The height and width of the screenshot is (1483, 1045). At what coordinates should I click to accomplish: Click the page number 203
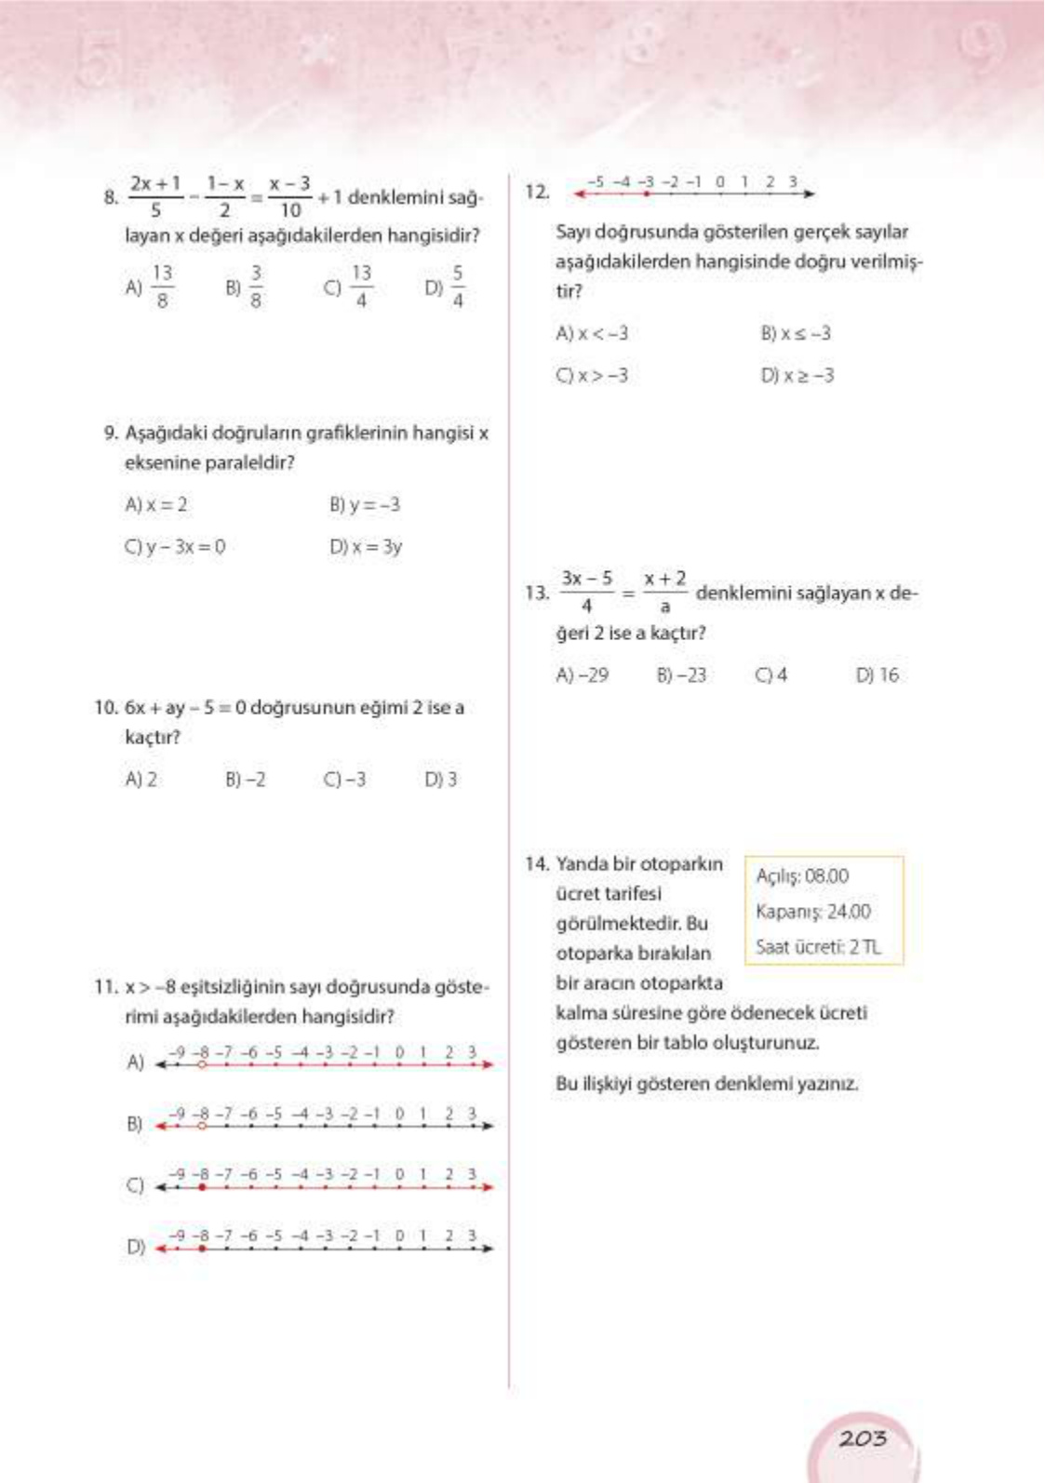click(x=863, y=1438)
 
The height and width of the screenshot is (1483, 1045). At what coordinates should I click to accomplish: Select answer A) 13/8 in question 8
click(x=151, y=287)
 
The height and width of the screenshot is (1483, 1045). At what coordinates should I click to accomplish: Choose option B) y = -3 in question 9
click(x=365, y=505)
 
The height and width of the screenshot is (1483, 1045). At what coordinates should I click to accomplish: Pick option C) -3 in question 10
click(x=344, y=780)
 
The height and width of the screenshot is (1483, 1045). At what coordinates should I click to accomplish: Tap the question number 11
click(x=106, y=987)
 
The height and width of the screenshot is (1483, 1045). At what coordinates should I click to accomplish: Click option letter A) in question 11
click(x=135, y=1062)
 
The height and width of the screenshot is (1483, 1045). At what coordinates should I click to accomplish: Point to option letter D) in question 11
click(x=135, y=1247)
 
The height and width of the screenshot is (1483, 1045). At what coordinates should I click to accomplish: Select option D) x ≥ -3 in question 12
click(x=797, y=376)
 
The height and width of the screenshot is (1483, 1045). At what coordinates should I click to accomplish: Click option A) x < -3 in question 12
click(x=592, y=334)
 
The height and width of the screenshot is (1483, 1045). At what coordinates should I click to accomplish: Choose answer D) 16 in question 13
click(x=878, y=675)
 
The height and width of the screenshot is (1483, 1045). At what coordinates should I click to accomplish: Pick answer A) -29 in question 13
click(x=583, y=675)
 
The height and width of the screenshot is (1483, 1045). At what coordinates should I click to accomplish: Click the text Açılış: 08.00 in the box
click(x=802, y=876)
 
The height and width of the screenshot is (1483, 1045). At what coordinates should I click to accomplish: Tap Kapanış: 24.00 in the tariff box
click(x=813, y=912)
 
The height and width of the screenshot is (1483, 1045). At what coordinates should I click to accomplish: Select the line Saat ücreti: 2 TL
click(x=818, y=947)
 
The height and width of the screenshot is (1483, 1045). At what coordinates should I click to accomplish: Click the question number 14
click(x=537, y=864)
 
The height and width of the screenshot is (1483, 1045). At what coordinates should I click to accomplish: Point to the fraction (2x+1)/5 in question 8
click(x=155, y=196)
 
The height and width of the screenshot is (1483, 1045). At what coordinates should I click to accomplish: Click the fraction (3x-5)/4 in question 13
click(x=586, y=592)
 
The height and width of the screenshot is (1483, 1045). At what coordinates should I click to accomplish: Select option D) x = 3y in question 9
click(x=366, y=547)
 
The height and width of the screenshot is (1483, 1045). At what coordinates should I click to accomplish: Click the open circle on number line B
click(x=201, y=1126)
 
